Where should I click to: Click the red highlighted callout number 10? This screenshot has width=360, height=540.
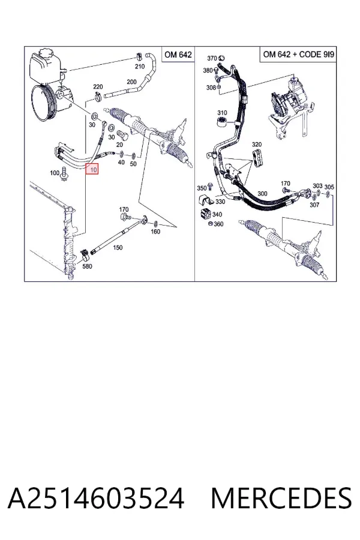(x=92, y=169)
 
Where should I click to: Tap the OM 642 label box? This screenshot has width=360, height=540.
(x=178, y=55)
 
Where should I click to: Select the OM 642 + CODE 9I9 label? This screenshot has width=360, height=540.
(x=298, y=55)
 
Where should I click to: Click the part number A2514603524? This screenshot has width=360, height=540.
(x=96, y=499)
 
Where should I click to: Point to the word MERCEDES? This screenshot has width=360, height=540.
(x=281, y=499)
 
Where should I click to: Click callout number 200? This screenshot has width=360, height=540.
(x=131, y=82)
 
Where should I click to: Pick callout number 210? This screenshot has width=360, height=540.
(x=140, y=67)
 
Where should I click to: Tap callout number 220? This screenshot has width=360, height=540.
(x=98, y=87)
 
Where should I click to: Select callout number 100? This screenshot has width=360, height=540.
(x=55, y=173)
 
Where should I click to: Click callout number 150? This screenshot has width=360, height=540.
(x=118, y=247)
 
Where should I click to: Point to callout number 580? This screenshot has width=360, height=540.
(x=88, y=266)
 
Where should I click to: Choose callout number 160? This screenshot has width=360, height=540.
(x=155, y=232)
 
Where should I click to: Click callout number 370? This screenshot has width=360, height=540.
(x=212, y=58)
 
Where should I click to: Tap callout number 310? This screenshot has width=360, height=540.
(x=222, y=113)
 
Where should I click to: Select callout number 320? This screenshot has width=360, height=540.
(x=257, y=144)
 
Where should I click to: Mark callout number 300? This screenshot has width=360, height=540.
(x=263, y=194)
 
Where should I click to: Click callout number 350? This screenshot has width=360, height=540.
(x=202, y=188)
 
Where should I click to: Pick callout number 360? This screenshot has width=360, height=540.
(x=218, y=224)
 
